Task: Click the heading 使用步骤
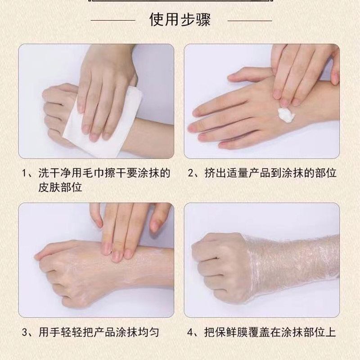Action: [x=180, y=20]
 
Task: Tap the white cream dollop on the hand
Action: [x=286, y=115]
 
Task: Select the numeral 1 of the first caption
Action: [x=24, y=173]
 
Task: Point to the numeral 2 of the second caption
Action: [x=191, y=173]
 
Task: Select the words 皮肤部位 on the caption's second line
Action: [x=60, y=188]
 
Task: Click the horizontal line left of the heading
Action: [x=113, y=20]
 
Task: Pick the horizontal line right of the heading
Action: [x=250, y=21]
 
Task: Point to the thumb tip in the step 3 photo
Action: [x=37, y=256]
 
